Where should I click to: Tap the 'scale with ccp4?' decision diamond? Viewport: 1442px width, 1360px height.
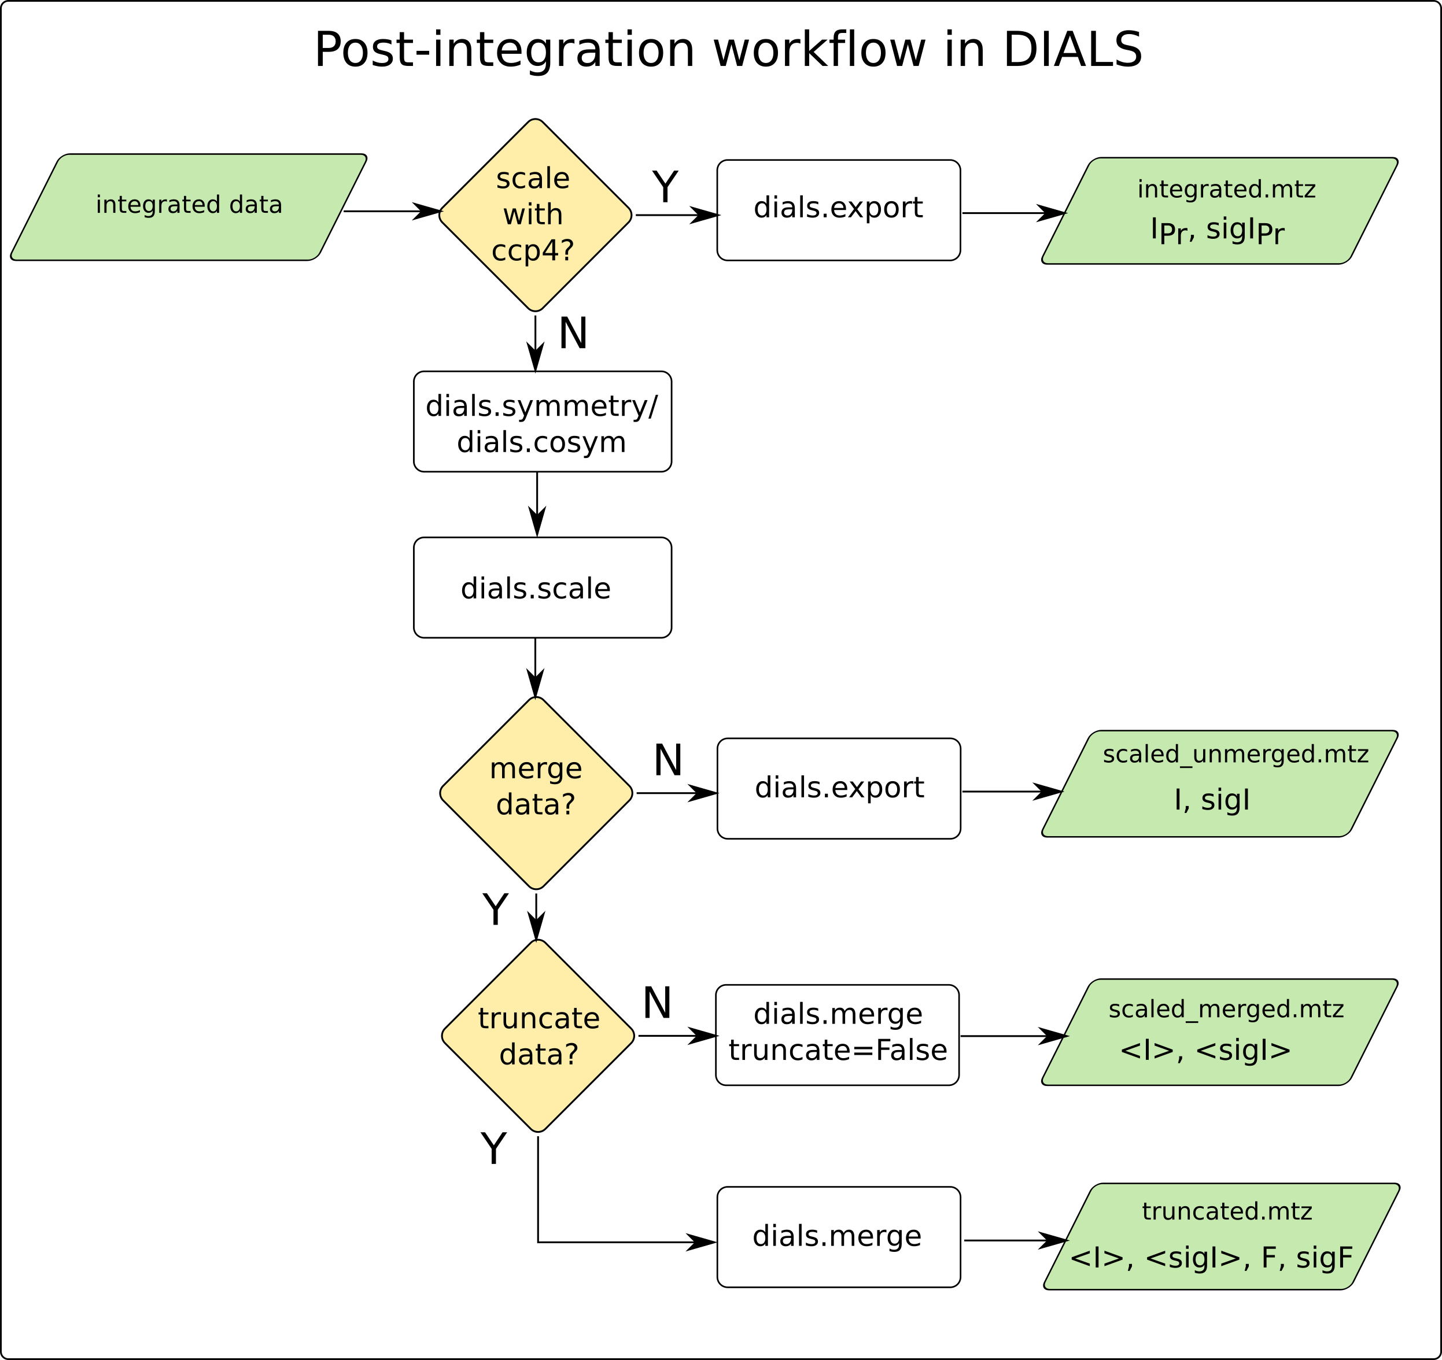point(535,215)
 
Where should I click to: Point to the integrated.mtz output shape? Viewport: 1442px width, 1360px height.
point(1219,211)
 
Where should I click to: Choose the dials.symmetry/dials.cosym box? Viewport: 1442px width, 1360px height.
point(542,422)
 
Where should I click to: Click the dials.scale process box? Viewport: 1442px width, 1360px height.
point(542,588)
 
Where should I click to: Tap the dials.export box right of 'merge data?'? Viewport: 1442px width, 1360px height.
point(839,789)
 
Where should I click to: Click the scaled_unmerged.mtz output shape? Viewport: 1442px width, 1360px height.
point(1219,784)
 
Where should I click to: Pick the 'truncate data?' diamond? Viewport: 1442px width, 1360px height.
point(537,1036)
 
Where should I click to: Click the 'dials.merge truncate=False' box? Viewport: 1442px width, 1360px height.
point(837,1035)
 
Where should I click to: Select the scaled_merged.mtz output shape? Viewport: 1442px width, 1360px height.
point(1219,1032)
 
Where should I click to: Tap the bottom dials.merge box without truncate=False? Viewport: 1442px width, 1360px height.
point(839,1237)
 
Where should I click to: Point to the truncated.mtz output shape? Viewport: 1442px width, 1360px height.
point(1221,1237)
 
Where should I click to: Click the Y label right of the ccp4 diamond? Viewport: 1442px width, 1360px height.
point(665,187)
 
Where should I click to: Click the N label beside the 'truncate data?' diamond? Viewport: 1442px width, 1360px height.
point(657,1004)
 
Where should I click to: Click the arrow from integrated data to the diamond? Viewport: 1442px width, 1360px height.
point(392,212)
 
